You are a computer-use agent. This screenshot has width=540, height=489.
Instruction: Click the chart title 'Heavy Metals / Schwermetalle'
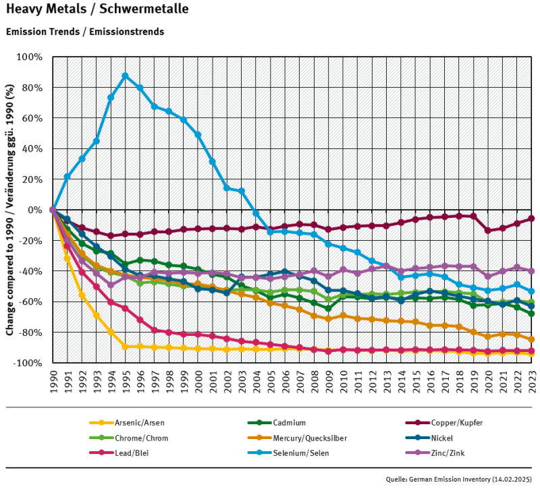coord(97,9)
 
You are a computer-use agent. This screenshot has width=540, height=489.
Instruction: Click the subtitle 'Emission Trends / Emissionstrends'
coord(84,32)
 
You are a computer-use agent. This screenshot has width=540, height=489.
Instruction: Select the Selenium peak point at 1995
coord(125,76)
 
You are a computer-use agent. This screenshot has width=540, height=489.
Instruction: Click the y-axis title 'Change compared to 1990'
coord(10,210)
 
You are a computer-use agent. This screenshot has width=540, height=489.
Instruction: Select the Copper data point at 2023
coord(531,219)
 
